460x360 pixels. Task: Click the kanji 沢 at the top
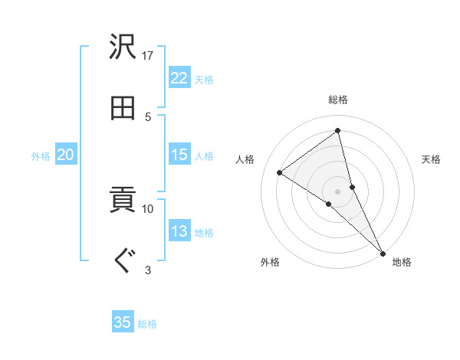pos(123,48)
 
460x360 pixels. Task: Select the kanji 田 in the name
pos(123,108)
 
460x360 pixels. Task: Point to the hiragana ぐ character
pos(123,261)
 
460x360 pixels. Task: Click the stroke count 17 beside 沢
pos(149,56)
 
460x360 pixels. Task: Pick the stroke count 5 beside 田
pos(149,116)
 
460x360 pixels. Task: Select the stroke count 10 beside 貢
pos(149,208)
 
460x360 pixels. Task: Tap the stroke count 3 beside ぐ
pos(149,269)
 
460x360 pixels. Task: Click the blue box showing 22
pos(179,78)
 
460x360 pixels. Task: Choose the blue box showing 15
pos(179,155)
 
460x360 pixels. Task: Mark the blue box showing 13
pos(179,231)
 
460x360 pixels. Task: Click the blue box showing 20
pos(65,155)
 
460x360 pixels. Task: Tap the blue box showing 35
pos(123,322)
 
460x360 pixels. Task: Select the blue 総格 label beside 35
pos(147,324)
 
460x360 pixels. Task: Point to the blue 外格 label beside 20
pos(41,156)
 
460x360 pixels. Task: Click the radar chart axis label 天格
pos(431,159)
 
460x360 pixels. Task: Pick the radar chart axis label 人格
pos(245,159)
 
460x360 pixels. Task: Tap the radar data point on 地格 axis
pos(383,252)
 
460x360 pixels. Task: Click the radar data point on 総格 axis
pos(337,131)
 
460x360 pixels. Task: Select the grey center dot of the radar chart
pos(337,191)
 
